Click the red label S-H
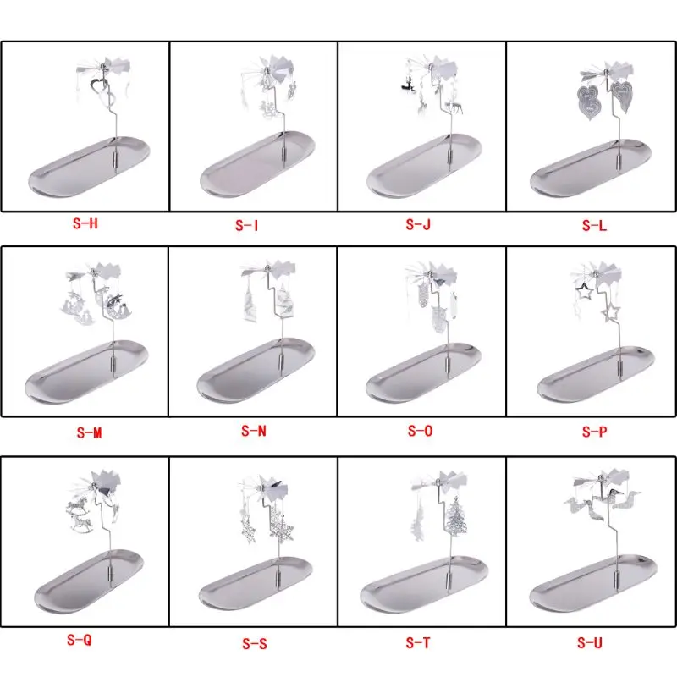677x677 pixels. pyautogui.click(x=85, y=223)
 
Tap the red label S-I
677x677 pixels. pyautogui.click(x=246, y=225)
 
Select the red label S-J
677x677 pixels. pyautogui.click(x=418, y=224)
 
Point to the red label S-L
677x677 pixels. pyautogui.click(x=594, y=225)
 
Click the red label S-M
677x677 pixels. pyautogui.click(x=90, y=432)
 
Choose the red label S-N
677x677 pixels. pyautogui.click(x=254, y=431)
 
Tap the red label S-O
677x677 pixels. pyautogui.click(x=420, y=431)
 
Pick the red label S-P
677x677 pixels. pyautogui.click(x=595, y=432)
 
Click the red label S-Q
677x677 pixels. pyautogui.click(x=80, y=640)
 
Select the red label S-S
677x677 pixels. pyautogui.click(x=255, y=644)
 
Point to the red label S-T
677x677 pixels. pyautogui.click(x=418, y=643)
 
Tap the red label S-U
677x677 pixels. pyautogui.click(x=590, y=642)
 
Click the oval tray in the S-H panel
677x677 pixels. pyautogui.click(x=89, y=167)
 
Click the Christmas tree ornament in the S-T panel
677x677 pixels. pyautogui.click(x=456, y=517)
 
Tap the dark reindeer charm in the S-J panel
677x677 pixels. pyautogui.click(x=408, y=85)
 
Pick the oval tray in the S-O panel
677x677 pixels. pyautogui.click(x=423, y=373)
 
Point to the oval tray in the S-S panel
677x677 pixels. pyautogui.click(x=256, y=583)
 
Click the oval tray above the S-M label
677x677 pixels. pyautogui.click(x=86, y=372)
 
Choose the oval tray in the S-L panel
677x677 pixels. pyautogui.click(x=591, y=168)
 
